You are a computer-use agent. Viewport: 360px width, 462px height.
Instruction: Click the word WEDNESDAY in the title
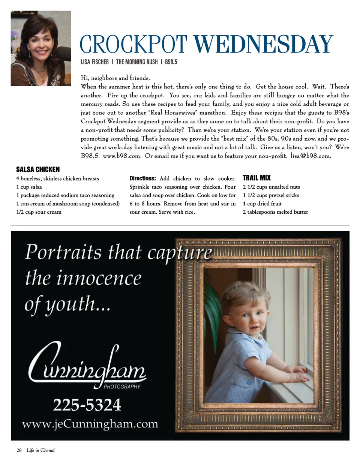[x=264, y=45]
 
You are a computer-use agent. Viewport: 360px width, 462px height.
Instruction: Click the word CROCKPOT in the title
[x=133, y=45]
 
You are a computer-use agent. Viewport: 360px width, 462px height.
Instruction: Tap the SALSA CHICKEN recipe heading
[x=38, y=169]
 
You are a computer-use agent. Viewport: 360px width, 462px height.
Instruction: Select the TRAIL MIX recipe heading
[x=256, y=178]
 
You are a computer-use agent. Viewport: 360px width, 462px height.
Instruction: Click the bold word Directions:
[x=142, y=178]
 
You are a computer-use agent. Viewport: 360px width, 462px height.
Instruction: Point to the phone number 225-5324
[x=87, y=405]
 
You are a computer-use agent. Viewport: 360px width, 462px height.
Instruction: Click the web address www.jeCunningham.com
[x=90, y=424]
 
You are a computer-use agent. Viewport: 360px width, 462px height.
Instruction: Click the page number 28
[x=19, y=450]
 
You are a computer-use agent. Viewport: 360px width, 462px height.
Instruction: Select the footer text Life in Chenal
[x=40, y=450]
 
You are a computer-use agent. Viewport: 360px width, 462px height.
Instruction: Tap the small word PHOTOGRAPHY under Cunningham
[x=122, y=386]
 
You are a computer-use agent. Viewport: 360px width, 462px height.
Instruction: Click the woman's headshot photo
[x=41, y=48]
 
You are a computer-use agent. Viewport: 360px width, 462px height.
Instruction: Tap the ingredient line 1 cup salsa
[x=29, y=187]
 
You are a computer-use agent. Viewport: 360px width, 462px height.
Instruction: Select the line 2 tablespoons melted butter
[x=276, y=212]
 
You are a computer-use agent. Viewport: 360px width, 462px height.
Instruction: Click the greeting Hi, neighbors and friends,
[x=115, y=78]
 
